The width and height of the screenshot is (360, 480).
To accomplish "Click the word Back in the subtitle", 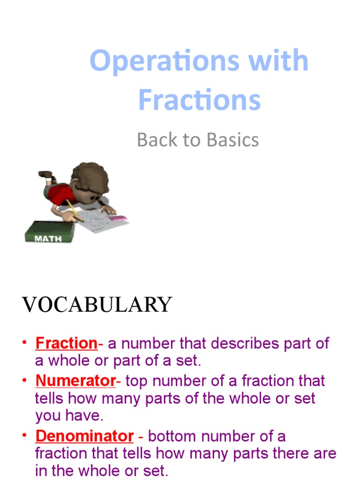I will point(155,140).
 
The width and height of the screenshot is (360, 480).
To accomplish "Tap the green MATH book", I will point(49,232).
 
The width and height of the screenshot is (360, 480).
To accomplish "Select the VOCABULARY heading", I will point(97,305).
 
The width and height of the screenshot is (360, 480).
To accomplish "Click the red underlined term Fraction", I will point(66,344).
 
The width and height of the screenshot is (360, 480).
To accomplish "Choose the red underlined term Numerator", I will point(75,381).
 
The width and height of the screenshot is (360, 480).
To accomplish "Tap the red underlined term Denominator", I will point(84,436).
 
